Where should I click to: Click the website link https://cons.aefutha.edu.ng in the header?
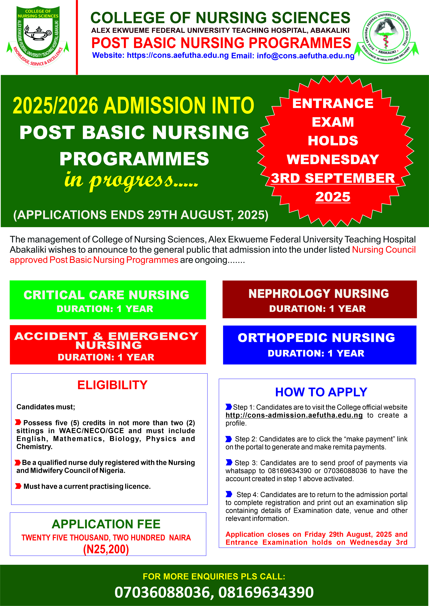[177, 55]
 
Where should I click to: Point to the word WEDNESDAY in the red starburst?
[333, 159]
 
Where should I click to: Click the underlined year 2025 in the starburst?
[333, 197]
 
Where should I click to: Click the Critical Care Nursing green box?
[108, 300]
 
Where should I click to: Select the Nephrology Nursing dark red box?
[319, 299]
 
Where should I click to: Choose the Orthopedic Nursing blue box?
[319, 345]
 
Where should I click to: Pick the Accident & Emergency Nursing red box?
[108, 345]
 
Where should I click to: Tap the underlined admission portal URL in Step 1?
[294, 415]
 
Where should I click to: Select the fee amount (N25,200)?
[106, 549]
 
